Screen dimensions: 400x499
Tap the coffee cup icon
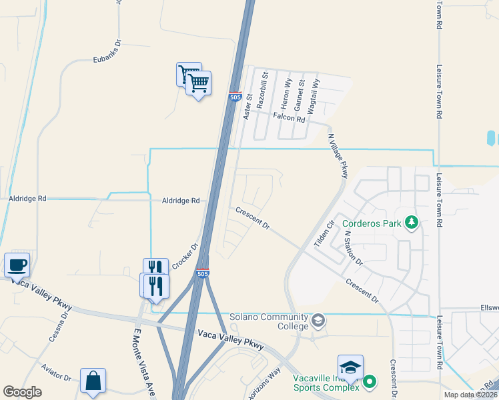[x=17, y=265]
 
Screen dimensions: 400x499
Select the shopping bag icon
[x=93, y=381]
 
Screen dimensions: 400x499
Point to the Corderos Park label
[x=372, y=223]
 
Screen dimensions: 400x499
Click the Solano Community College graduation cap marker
[x=319, y=321]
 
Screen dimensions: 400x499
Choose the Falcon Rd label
[x=288, y=119]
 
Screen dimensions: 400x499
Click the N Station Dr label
[x=352, y=247]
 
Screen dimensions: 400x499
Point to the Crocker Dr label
[x=185, y=255]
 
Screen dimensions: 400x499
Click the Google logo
[x=22, y=392]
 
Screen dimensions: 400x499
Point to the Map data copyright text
[x=471, y=395]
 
